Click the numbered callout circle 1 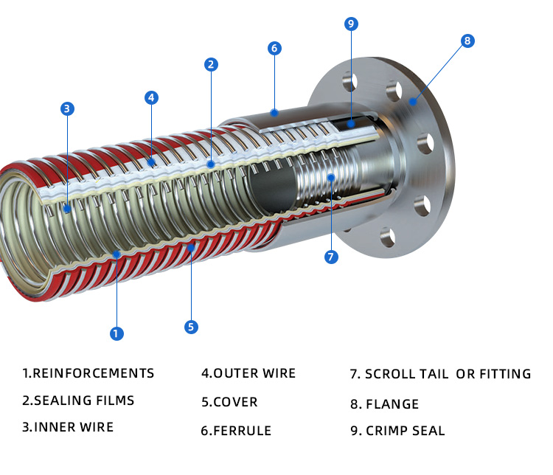click(116, 333)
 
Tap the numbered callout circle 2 click(211, 64)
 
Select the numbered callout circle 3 click(67, 108)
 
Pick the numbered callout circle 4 click(150, 97)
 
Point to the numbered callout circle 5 click(191, 326)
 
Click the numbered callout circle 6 click(274, 49)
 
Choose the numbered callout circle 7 click(331, 257)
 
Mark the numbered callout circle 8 click(467, 41)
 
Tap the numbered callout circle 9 click(351, 24)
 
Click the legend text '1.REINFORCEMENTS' click(88, 373)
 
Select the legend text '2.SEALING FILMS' click(78, 401)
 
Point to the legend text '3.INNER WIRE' click(68, 427)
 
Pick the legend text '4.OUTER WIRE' click(248, 373)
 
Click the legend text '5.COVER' click(229, 403)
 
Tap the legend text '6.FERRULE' click(236, 431)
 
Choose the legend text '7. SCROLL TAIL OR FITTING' click(440, 374)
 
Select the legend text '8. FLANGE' click(384, 404)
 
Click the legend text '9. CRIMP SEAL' click(397, 431)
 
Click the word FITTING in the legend click(504, 374)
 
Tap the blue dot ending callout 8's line click(414, 102)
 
